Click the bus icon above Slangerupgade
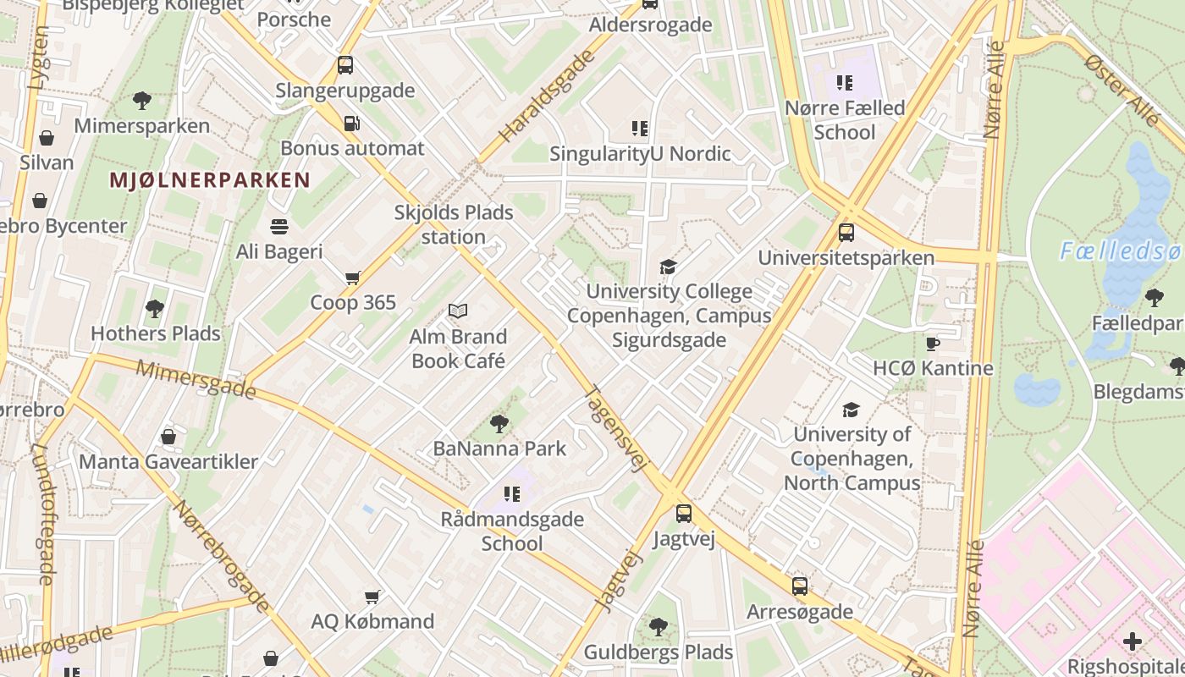coord(345,65)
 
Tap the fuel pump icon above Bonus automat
coord(351,124)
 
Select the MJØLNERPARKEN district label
coord(210,179)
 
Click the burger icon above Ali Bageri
coord(279,227)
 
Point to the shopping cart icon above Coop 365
coord(353,278)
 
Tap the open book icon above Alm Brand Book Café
coord(458,311)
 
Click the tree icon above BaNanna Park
coord(499,423)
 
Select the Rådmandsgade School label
coord(512,531)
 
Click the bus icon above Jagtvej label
coord(684,513)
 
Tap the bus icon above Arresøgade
coord(800,586)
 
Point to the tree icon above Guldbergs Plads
coord(658,627)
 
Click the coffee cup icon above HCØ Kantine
coord(933,344)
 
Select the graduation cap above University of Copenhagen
coord(851,410)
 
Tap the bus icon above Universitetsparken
coord(846,233)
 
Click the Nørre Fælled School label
coord(845,120)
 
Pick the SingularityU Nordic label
coord(640,154)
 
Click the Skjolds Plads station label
coord(454,224)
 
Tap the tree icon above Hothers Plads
coord(154,308)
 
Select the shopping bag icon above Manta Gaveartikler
coord(168,437)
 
